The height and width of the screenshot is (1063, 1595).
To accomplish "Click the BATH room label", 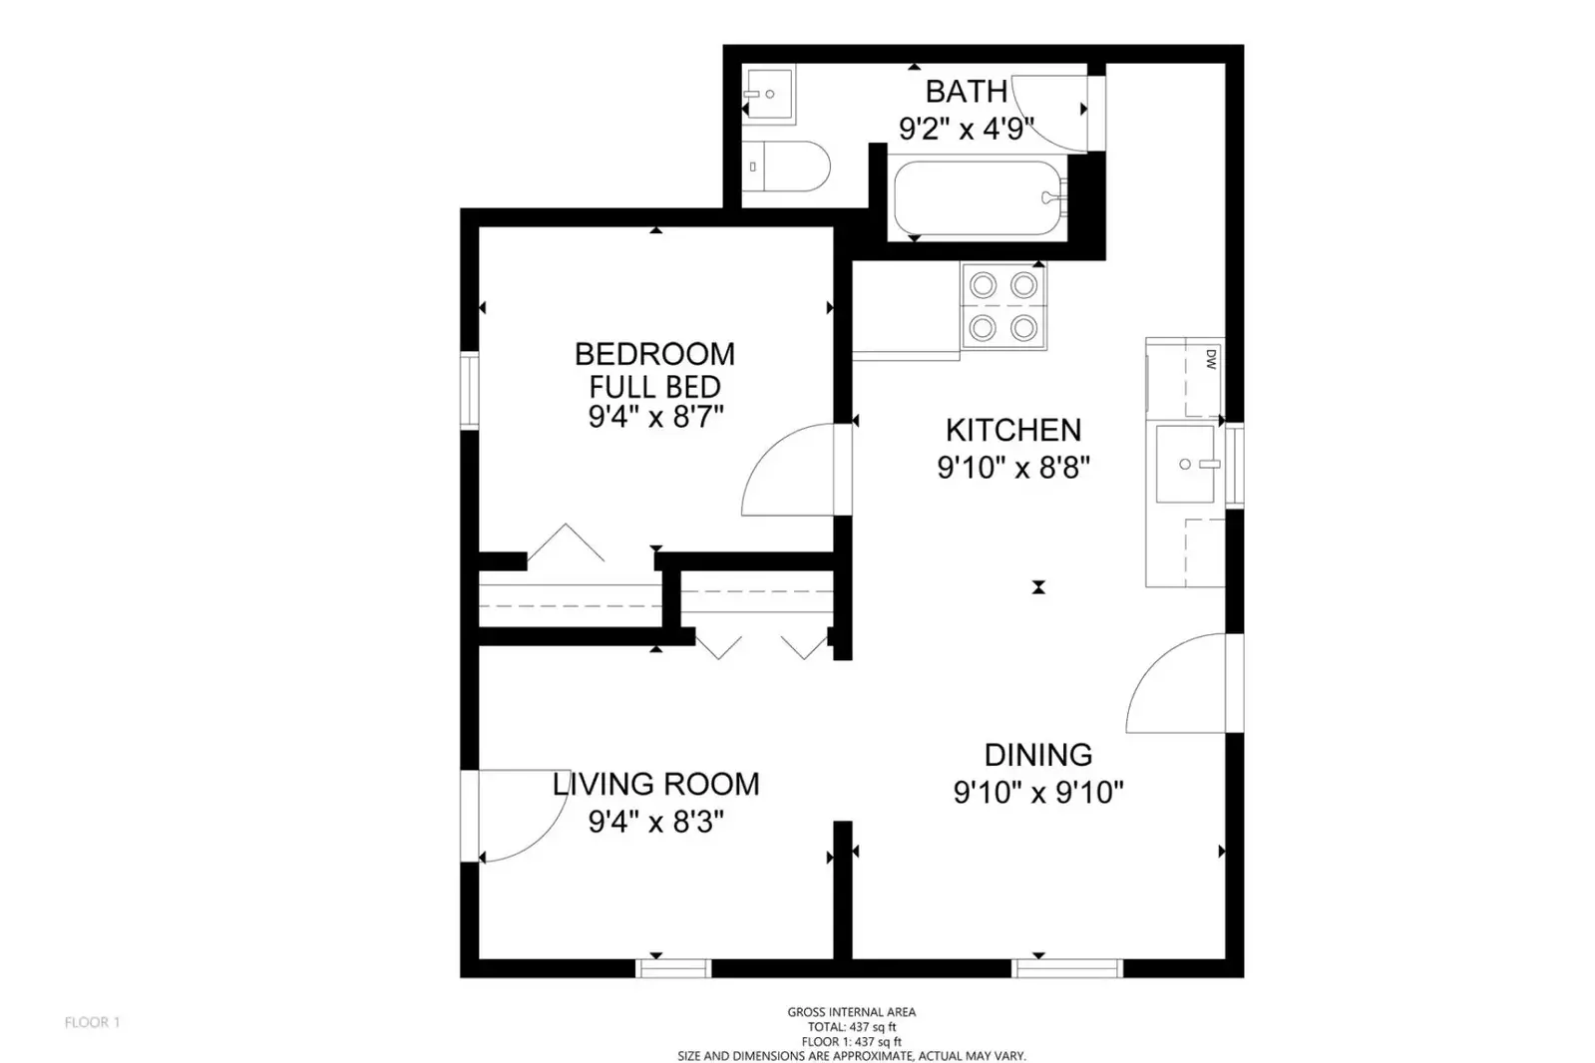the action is tap(967, 92).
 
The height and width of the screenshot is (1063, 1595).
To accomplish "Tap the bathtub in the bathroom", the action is tap(979, 197).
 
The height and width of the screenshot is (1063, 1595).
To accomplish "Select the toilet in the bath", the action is tap(786, 166).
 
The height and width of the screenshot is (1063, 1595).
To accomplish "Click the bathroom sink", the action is tap(769, 94).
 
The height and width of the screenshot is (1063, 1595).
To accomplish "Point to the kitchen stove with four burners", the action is tap(1003, 307).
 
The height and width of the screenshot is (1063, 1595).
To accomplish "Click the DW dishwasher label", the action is tap(1211, 359).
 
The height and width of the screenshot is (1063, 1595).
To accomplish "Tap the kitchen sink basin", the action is tap(1186, 465).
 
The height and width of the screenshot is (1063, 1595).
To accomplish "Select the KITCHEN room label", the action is tap(1013, 430).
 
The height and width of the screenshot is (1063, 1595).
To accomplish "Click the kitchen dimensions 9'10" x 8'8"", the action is tap(1013, 468).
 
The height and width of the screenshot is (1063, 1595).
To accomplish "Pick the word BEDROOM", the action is tap(654, 354).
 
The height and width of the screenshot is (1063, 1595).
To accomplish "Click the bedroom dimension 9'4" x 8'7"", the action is tap(655, 417).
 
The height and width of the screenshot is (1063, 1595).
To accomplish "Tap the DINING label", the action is tap(1038, 755).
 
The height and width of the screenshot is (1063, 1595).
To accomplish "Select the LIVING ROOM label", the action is tap(655, 784).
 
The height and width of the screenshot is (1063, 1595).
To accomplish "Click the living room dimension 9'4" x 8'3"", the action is tap(655, 822).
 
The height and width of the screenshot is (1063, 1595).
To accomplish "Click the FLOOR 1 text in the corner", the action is tap(93, 1022).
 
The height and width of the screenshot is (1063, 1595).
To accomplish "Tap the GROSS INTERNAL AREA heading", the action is tap(852, 1012).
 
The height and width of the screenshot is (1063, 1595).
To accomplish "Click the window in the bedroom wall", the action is tap(469, 390).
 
